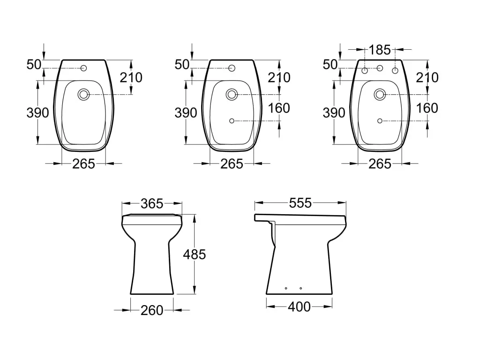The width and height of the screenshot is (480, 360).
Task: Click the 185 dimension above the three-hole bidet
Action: click(x=380, y=49)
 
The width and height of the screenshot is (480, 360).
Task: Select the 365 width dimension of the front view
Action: click(x=152, y=203)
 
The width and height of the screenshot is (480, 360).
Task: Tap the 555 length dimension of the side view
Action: click(x=300, y=203)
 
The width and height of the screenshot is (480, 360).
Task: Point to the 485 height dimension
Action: click(x=195, y=254)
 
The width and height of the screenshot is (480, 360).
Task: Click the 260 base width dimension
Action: click(x=152, y=310)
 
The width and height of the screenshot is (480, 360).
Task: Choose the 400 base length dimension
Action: click(x=299, y=307)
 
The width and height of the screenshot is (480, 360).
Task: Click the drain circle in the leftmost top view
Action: click(x=84, y=94)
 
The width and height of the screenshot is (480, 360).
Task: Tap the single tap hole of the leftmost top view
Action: click(x=84, y=68)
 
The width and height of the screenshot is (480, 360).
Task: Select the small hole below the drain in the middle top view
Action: click(x=232, y=121)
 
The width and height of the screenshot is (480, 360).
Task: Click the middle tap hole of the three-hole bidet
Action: click(x=380, y=68)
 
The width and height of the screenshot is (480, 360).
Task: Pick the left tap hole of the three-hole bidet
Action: click(x=365, y=71)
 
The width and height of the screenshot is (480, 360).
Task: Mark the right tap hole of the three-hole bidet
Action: click(x=395, y=71)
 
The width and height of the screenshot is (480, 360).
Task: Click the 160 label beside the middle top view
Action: click(x=279, y=108)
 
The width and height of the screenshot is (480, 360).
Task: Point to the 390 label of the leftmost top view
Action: click(x=38, y=113)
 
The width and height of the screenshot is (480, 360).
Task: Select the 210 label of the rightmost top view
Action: click(x=427, y=77)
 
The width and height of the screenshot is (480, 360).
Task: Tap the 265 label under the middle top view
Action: click(x=232, y=164)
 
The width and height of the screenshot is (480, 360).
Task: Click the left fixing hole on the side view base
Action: click(x=286, y=288)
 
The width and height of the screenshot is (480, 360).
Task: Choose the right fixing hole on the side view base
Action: click(x=300, y=288)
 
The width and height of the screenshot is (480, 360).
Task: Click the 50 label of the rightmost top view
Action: click(x=330, y=65)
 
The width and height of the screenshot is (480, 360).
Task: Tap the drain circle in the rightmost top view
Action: click(x=380, y=94)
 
